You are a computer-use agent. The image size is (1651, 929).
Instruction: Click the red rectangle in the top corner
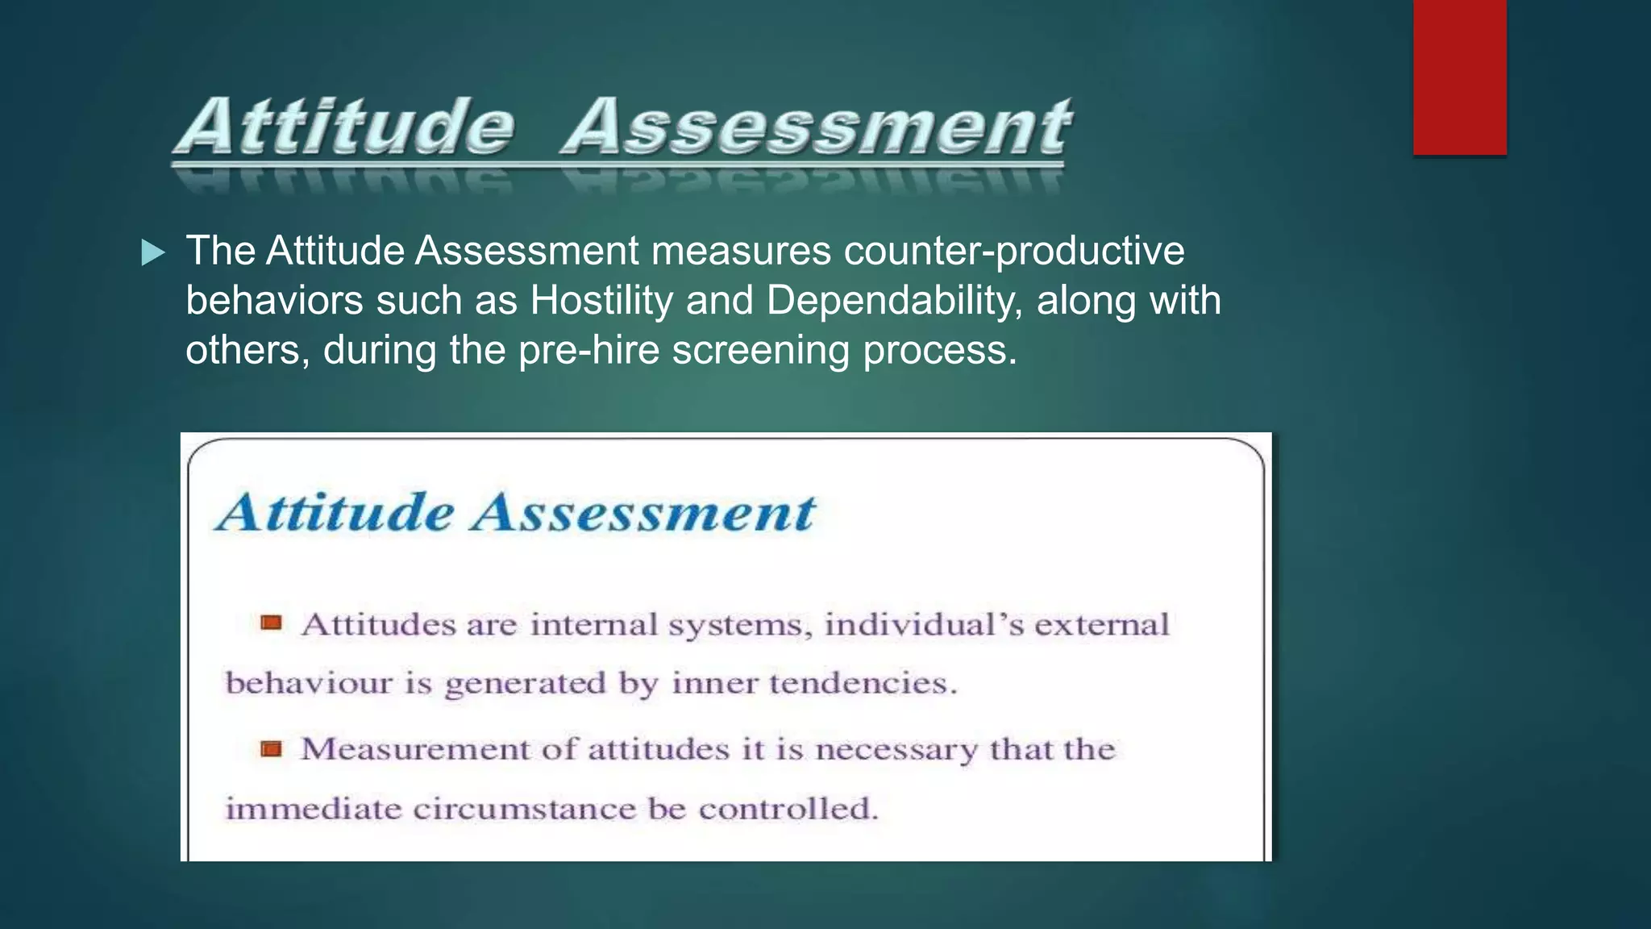pyautogui.click(x=1459, y=77)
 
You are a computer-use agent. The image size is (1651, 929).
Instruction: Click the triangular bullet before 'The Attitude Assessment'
pyautogui.click(x=152, y=253)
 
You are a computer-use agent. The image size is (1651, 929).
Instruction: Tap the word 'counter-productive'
pyautogui.click(x=1014, y=252)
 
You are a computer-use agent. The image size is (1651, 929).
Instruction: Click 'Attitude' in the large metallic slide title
pyautogui.click(x=345, y=127)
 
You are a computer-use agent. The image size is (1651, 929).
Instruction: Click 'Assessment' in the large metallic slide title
pyautogui.click(x=816, y=127)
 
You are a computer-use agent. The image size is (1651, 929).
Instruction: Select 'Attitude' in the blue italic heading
pyautogui.click(x=336, y=513)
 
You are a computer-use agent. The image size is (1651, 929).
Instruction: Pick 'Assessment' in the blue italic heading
pyautogui.click(x=643, y=513)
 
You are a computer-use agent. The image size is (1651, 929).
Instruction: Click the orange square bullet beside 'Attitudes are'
pyautogui.click(x=271, y=623)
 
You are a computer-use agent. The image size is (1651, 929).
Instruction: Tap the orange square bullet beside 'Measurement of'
pyautogui.click(x=271, y=749)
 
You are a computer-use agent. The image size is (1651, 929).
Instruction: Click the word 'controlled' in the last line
pyautogui.click(x=786, y=809)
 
